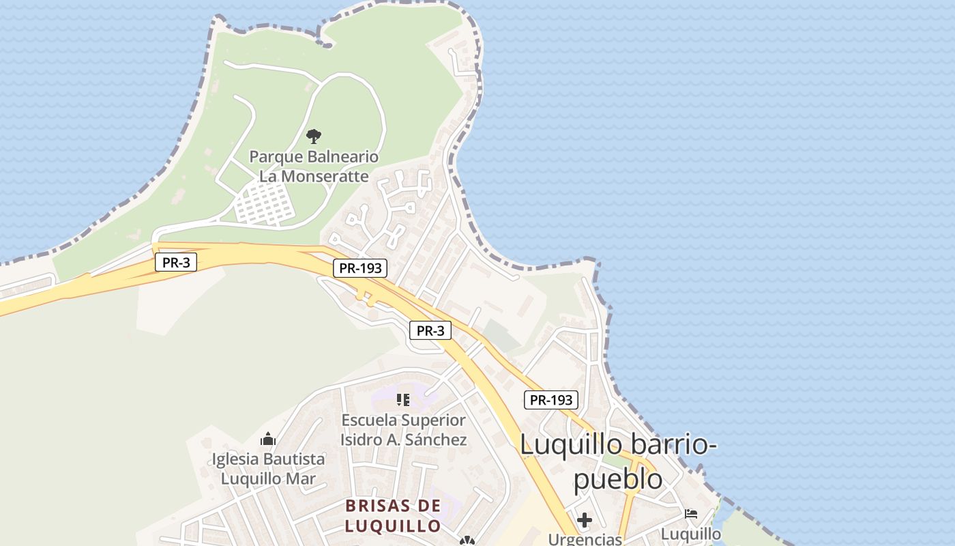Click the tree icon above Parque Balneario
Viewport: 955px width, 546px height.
point(314,136)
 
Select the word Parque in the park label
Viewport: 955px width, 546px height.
point(275,157)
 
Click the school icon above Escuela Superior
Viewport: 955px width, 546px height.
point(403,400)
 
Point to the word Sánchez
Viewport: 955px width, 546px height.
point(436,440)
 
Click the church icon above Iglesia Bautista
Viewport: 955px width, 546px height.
point(268,439)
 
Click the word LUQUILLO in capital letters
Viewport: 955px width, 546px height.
point(393,526)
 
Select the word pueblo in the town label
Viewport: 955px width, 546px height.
point(617,479)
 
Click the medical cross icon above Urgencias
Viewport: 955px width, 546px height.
point(585,520)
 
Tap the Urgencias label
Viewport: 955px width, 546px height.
point(585,539)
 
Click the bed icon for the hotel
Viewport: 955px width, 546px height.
point(691,513)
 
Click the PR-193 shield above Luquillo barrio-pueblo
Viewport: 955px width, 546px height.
point(551,400)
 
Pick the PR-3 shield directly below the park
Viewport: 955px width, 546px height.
point(176,262)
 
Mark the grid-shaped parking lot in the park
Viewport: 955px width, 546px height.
point(265,203)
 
